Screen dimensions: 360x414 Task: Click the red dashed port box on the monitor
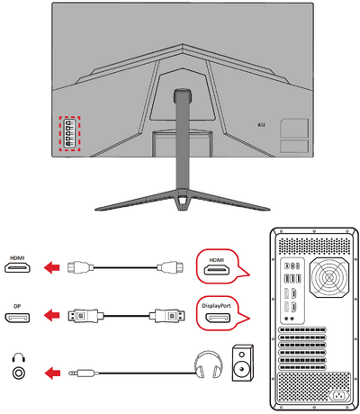pos(69,117)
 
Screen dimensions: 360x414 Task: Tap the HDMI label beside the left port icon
pos(17,257)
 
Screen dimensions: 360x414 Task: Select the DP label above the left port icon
pos(17,307)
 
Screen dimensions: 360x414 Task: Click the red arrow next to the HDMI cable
pos(52,267)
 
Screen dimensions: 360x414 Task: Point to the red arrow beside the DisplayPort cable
pos(52,316)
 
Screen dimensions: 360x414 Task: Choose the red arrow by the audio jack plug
pos(52,373)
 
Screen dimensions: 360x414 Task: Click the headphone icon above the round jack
pos(18,357)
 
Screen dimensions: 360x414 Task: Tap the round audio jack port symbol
pos(18,373)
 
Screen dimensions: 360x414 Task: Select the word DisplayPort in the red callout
pos(216,306)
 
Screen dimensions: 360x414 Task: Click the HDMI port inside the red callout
pos(217,270)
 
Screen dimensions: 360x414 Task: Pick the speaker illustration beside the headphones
pos(243,363)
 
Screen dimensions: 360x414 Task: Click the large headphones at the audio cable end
pos(209,364)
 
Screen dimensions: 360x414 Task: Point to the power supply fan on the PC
pos(329,278)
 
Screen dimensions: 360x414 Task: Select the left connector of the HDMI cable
pos(78,266)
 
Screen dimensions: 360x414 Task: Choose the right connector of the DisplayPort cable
pos(167,316)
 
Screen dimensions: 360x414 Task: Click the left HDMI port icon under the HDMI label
pos(17,267)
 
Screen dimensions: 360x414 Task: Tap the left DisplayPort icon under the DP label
pos(17,318)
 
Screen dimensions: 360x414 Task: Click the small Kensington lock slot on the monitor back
pos(261,124)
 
